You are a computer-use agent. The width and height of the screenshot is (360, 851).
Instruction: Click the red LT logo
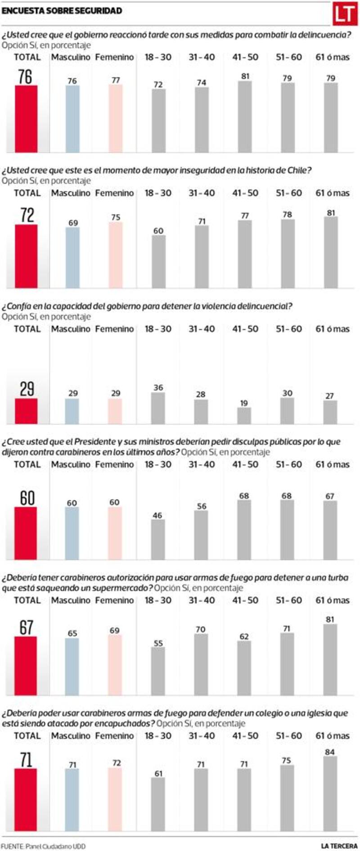tap(345, 14)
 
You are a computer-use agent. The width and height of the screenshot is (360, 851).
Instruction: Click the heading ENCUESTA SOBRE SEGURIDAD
tap(62, 11)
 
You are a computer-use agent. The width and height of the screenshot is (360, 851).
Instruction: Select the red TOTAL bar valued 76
tap(26, 119)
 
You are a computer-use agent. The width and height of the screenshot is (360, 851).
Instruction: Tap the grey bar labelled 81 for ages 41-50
tap(245, 117)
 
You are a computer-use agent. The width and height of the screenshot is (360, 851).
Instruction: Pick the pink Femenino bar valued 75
tap(116, 255)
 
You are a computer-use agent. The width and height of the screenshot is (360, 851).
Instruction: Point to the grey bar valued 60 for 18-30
tap(158, 261)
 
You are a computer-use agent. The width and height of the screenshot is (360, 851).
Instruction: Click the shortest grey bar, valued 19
tap(244, 416)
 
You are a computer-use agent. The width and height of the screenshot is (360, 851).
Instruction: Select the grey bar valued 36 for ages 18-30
tap(158, 408)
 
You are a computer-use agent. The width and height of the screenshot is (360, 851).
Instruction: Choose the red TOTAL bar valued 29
tap(26, 411)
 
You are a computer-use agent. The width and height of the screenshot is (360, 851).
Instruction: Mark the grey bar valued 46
tap(157, 540)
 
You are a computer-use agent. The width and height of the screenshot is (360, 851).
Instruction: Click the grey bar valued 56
tap(201, 535)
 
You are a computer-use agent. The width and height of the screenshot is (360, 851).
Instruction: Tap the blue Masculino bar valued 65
tap(72, 667)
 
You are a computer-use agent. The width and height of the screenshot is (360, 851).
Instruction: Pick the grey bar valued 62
tap(244, 668)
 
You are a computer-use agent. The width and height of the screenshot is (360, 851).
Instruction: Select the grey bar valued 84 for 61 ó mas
tap(330, 794)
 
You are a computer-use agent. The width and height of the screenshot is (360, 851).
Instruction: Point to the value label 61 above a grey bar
tap(158, 774)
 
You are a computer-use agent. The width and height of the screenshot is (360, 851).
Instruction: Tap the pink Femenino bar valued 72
tap(115, 800)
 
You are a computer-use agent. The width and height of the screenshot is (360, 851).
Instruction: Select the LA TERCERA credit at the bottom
tap(339, 846)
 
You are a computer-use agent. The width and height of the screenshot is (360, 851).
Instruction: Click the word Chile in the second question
tap(299, 170)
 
